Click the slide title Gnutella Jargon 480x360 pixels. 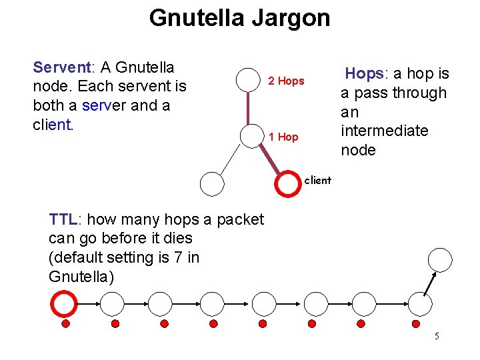239,18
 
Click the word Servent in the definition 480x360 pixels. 61,67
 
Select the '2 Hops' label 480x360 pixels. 286,81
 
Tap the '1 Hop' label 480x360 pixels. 283,137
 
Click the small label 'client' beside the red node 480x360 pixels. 317,180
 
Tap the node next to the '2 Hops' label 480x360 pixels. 249,79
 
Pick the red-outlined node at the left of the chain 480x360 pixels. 64,304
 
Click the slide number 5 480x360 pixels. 437,336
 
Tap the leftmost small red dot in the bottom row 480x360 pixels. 65,323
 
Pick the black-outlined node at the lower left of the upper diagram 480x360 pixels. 212,183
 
